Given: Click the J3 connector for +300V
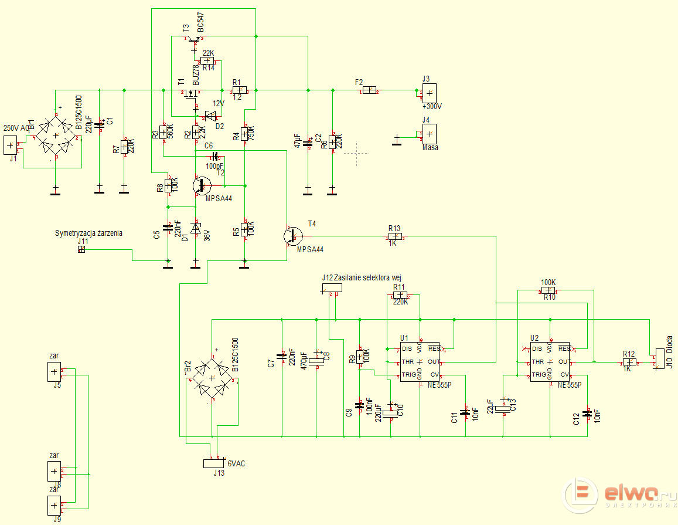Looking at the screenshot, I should (429, 93).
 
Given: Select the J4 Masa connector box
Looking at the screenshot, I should (429, 134).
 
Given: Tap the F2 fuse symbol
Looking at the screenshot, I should (369, 90).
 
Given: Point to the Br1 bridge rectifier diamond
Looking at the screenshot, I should (56, 136).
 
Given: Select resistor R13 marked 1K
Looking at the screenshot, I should (394, 236).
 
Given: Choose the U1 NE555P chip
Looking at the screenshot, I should (420, 361).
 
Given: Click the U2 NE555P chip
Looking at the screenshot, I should (550, 361).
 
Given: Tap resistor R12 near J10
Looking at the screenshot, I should (628, 362).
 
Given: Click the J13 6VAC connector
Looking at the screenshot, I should (214, 463).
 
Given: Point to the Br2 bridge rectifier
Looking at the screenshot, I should (214, 378).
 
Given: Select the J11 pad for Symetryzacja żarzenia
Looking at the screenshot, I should (81, 249).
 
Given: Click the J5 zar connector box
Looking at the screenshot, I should (54, 371).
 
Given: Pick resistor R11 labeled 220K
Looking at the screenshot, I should (399, 294).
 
